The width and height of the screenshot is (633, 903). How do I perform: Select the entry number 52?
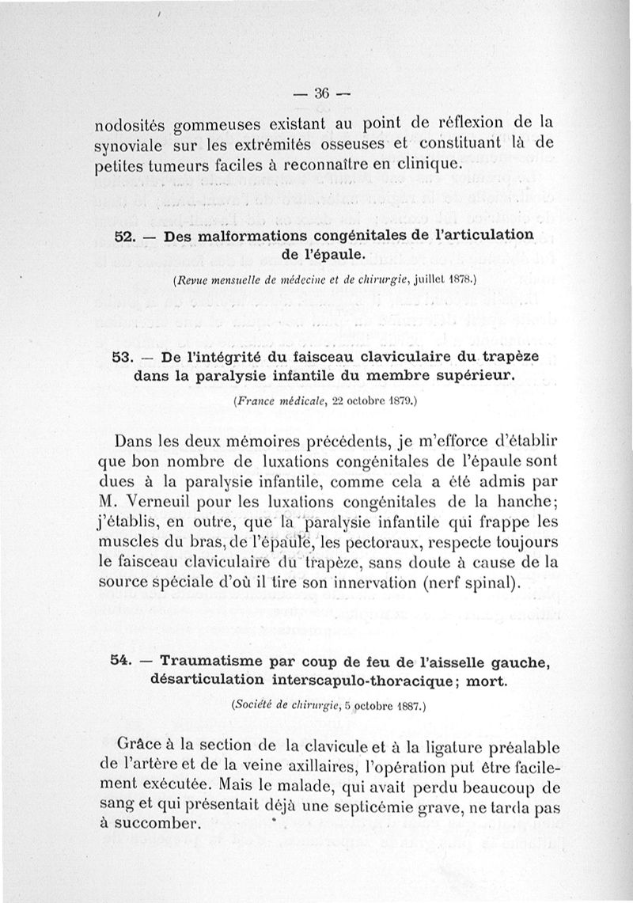click(126, 237)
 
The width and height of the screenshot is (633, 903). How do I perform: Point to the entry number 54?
click(121, 661)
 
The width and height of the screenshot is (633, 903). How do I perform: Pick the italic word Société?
click(252, 707)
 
